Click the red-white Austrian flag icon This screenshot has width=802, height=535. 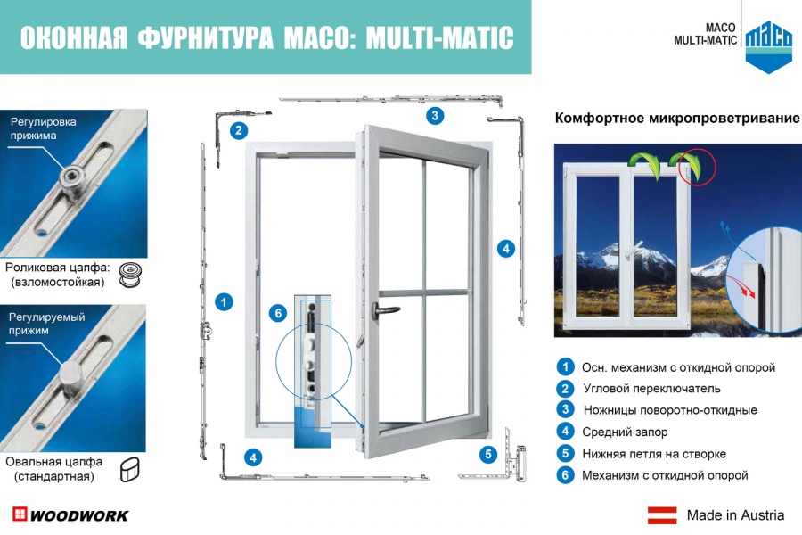[662, 515]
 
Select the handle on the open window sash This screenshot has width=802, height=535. [385, 309]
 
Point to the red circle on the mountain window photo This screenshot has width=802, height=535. [698, 167]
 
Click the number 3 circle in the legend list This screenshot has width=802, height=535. [565, 409]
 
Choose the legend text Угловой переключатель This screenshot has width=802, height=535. [651, 389]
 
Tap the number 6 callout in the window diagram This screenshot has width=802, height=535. [278, 313]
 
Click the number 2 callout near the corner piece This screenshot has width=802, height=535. [239, 130]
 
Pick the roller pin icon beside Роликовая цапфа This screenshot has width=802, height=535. [130, 275]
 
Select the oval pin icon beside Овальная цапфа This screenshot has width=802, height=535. [130, 470]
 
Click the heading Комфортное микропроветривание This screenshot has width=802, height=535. [677, 119]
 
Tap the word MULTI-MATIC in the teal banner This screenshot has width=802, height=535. [440, 37]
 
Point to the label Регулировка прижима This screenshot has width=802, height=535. [44, 128]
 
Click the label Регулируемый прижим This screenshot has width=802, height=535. [46, 324]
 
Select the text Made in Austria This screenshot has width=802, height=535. [735, 515]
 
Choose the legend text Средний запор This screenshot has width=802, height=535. [625, 432]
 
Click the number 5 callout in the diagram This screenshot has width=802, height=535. [488, 454]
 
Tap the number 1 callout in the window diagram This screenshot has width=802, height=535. [224, 302]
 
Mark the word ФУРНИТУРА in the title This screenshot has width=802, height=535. [205, 38]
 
